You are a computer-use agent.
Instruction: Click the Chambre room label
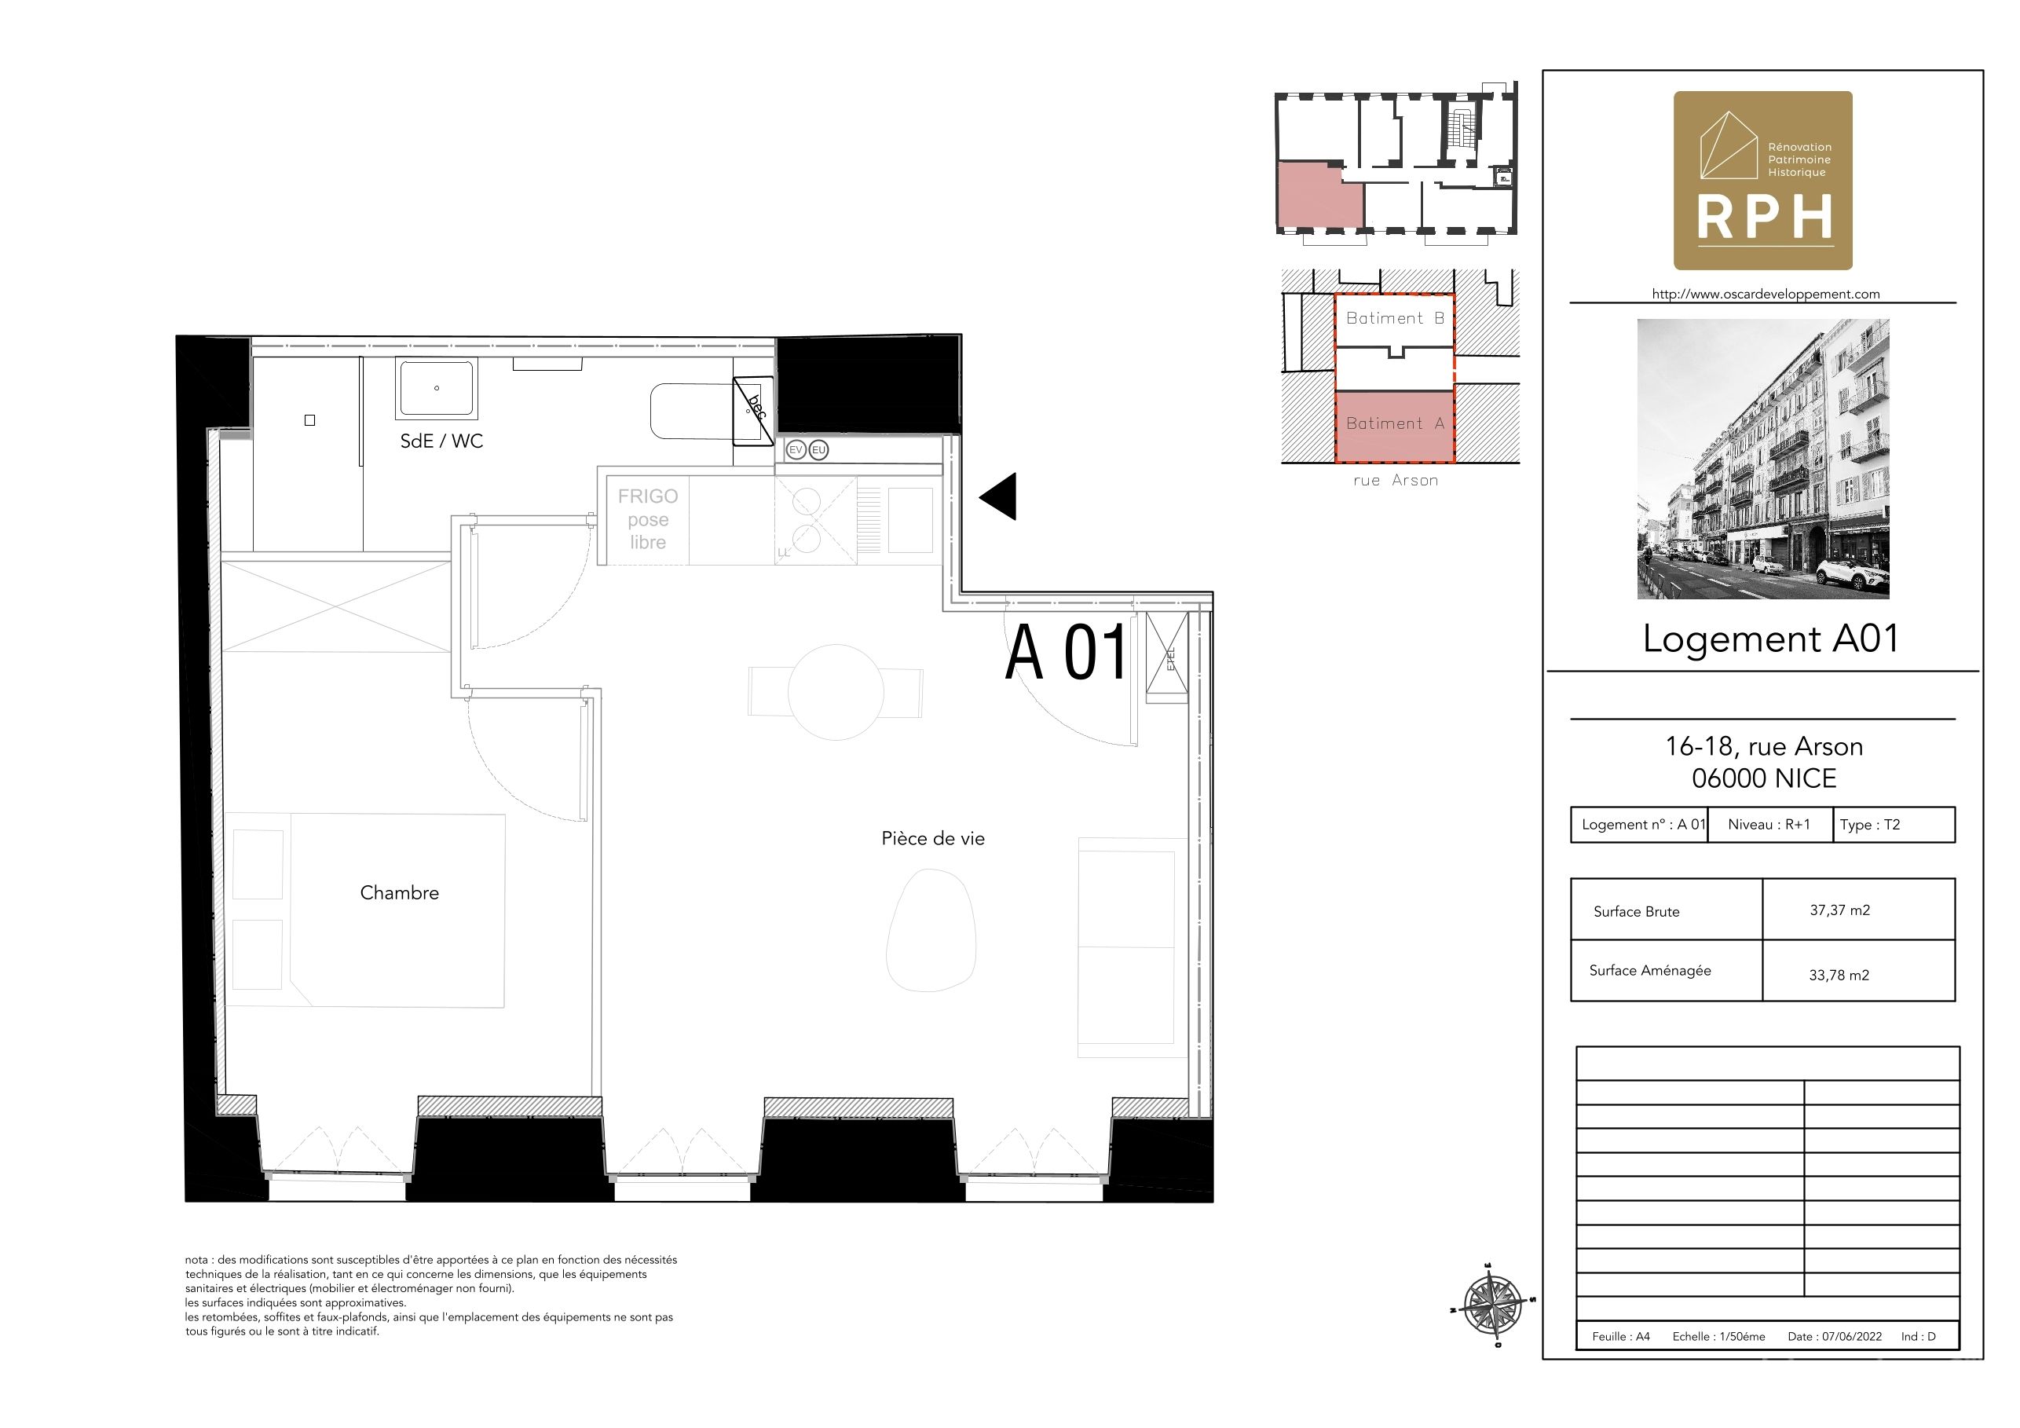pos(400,892)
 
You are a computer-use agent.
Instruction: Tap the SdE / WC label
pos(441,441)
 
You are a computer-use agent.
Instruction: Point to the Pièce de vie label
pos(934,839)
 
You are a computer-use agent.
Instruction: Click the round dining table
pos(836,693)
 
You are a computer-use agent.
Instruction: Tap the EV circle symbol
pos(796,449)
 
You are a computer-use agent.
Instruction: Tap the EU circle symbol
pos(819,449)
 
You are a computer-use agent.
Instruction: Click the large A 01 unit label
pos(1067,652)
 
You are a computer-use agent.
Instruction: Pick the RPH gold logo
pos(1763,181)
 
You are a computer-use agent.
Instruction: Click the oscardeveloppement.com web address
pos(1766,294)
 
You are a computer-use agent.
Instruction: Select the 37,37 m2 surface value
pos(1839,910)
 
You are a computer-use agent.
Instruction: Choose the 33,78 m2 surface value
pos(1839,975)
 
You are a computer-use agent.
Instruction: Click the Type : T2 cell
pos(1894,826)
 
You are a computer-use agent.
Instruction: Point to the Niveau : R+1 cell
pos(1770,826)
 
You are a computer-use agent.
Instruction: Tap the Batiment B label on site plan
pos(1396,318)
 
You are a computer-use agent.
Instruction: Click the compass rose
pos(1493,1304)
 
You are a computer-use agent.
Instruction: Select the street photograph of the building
pos(1763,459)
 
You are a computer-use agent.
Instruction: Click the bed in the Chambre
pos(365,910)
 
